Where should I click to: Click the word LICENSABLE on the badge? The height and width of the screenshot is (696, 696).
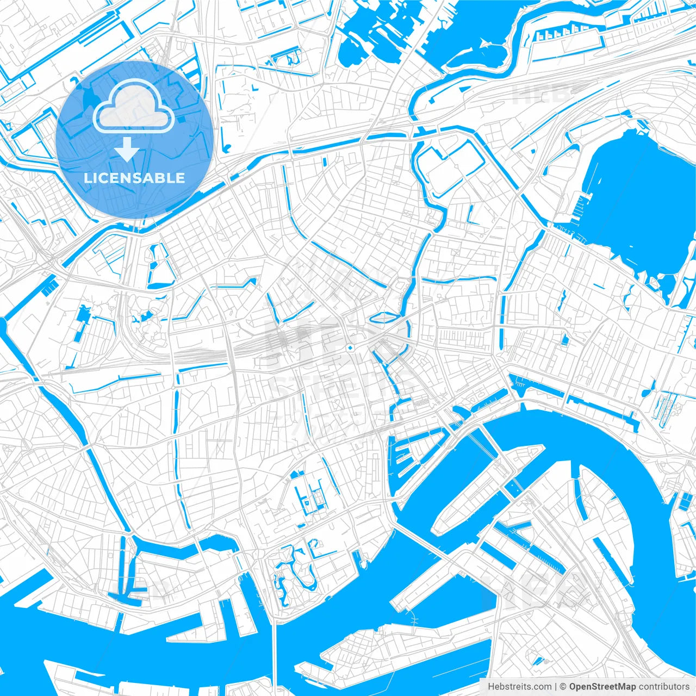pyautogui.click(x=134, y=178)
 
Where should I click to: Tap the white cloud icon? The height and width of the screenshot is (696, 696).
pyautogui.click(x=134, y=106)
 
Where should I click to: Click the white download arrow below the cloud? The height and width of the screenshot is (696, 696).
pyautogui.click(x=127, y=150)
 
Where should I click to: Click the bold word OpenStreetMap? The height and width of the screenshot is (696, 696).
pyautogui.click(x=602, y=686)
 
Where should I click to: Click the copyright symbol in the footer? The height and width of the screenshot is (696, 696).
pyautogui.click(x=563, y=686)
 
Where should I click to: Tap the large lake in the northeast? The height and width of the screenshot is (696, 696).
pyautogui.click(x=642, y=190)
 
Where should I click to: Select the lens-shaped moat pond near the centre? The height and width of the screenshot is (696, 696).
pyautogui.click(x=384, y=316)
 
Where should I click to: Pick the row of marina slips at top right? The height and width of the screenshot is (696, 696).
pyautogui.click(x=560, y=35)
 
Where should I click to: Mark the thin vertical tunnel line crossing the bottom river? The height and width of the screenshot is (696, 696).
pyautogui.click(x=275, y=652)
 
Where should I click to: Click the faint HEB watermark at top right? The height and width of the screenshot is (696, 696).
pyautogui.click(x=541, y=95)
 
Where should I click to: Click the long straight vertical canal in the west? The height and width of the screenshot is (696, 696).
pyautogui.click(x=177, y=435)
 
